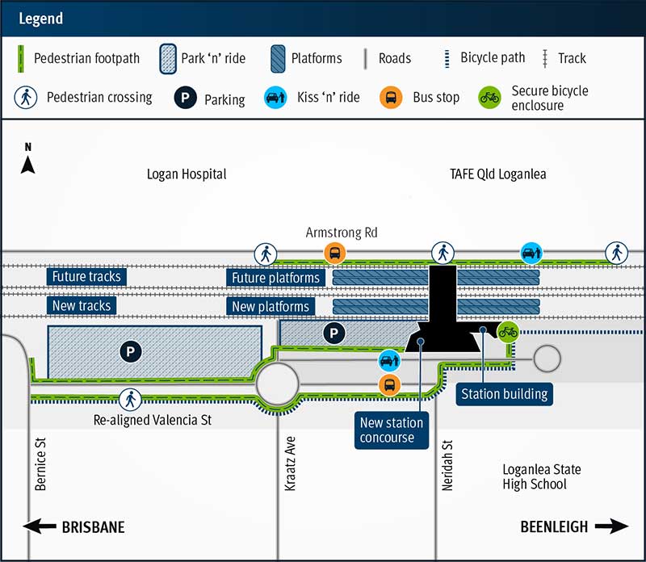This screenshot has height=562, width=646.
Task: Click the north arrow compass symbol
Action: tap(28, 161)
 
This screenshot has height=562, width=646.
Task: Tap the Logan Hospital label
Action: tap(187, 174)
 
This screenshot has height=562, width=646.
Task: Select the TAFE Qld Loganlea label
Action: tap(498, 174)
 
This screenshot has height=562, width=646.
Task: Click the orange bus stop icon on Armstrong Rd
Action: tap(335, 253)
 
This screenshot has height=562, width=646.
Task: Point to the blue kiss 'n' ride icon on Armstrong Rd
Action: tap(531, 253)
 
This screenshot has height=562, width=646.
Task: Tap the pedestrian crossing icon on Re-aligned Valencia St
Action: tap(129, 398)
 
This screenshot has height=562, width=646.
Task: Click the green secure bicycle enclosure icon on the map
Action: tap(509, 330)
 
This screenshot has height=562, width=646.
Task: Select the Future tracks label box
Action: tap(86, 277)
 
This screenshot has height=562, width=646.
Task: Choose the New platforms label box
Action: tap(271, 307)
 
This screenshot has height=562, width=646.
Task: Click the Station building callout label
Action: tap(504, 394)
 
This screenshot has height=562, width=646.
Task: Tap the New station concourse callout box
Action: tap(392, 430)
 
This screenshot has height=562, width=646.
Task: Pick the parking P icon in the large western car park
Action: tap(129, 351)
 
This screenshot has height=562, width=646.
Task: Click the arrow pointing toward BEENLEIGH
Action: tap(610, 526)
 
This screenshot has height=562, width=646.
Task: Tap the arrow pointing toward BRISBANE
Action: tap(39, 527)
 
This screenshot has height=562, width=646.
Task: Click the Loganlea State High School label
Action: tap(540, 476)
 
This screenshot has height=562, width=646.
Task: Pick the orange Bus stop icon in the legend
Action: tap(391, 98)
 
